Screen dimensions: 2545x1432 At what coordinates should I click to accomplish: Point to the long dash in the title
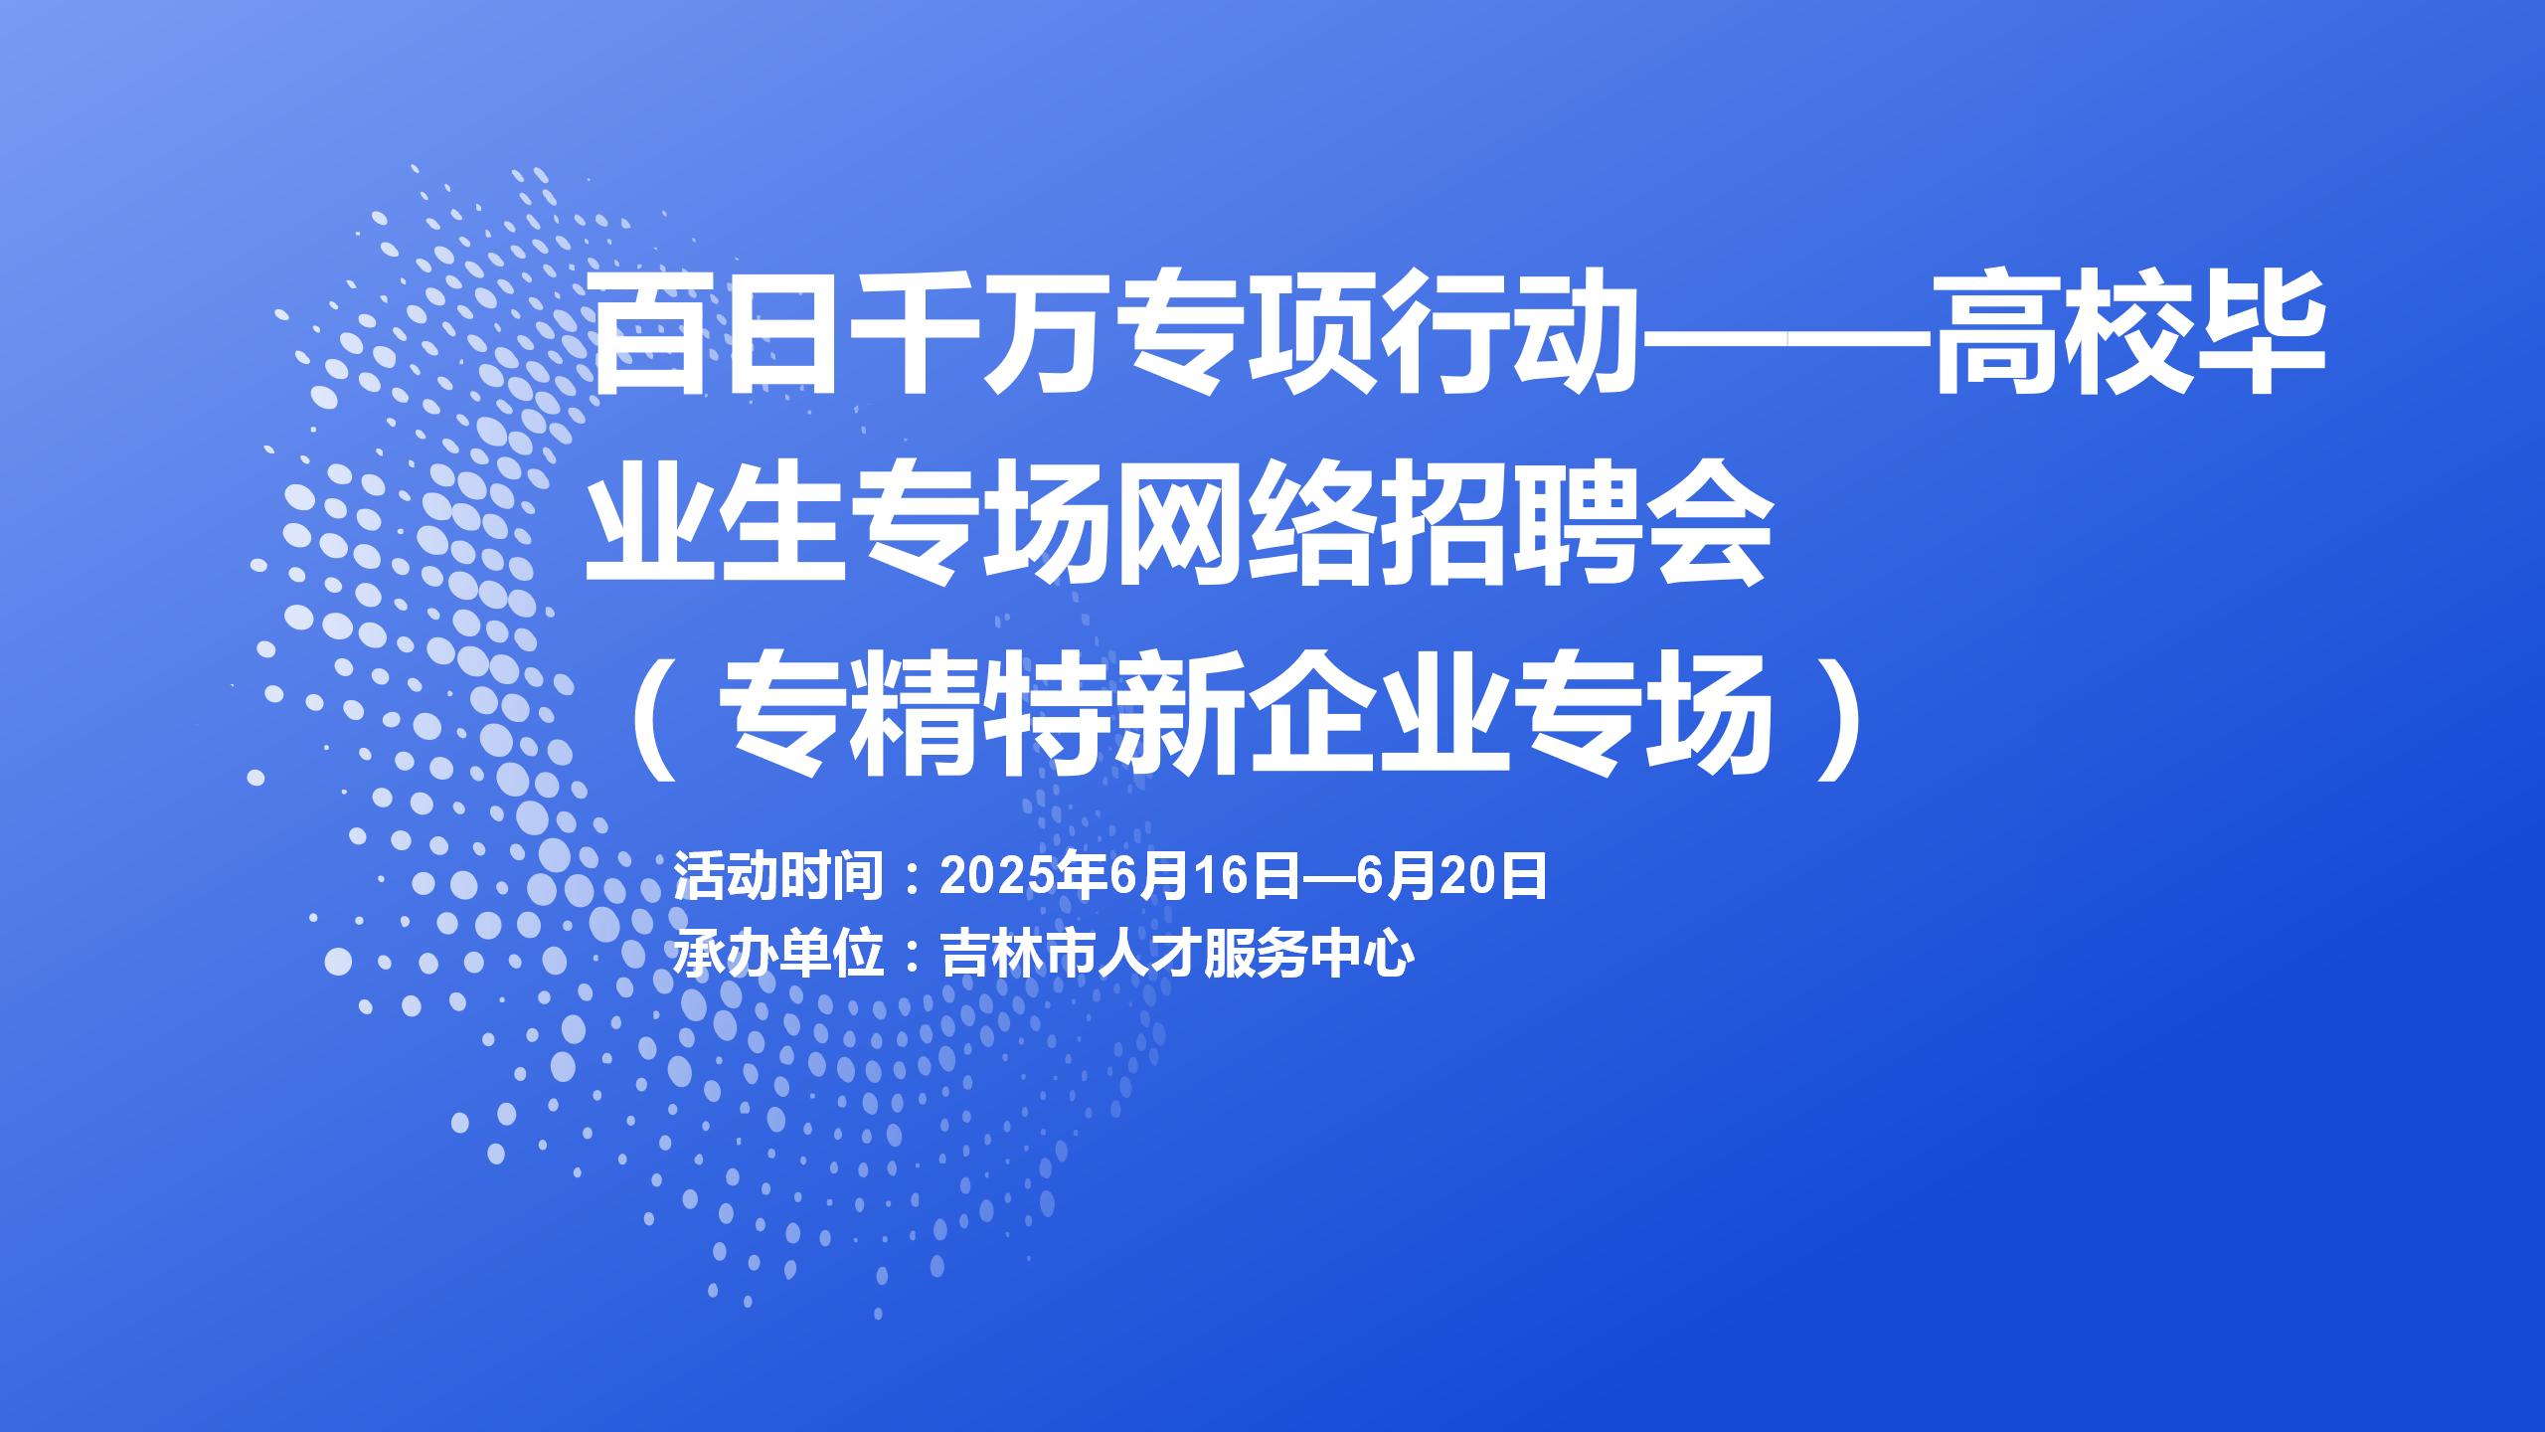pos(1783,337)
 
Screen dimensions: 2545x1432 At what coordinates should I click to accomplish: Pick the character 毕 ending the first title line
pos(2263,334)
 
